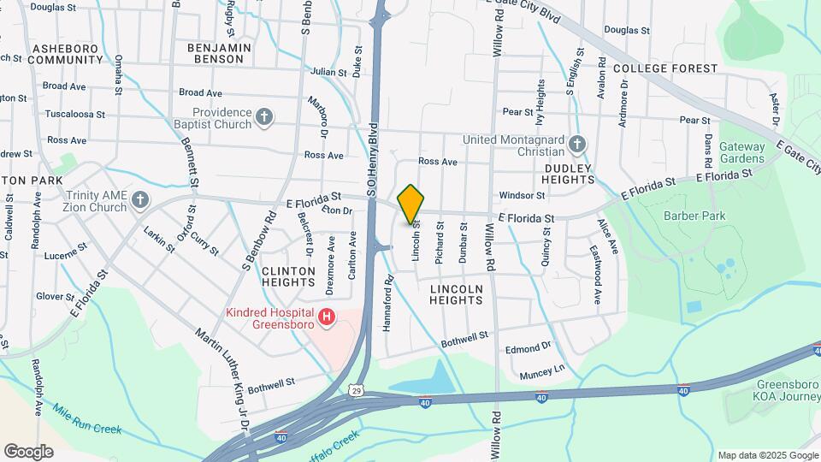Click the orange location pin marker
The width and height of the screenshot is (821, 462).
point(410,204)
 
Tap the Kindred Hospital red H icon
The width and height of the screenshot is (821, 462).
point(326,318)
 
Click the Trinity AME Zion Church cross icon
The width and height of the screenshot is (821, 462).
point(140,200)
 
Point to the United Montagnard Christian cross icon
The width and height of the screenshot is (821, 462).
point(578,145)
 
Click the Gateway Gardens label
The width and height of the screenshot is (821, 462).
point(741,152)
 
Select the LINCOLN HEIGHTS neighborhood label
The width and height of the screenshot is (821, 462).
point(457,294)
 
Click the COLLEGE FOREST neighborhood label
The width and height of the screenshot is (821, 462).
point(664,68)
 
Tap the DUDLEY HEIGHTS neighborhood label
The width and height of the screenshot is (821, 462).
point(569,174)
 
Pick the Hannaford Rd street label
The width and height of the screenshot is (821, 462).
point(388,303)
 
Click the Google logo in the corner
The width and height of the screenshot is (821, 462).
point(28,451)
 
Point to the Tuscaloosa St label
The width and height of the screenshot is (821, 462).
point(75,113)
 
